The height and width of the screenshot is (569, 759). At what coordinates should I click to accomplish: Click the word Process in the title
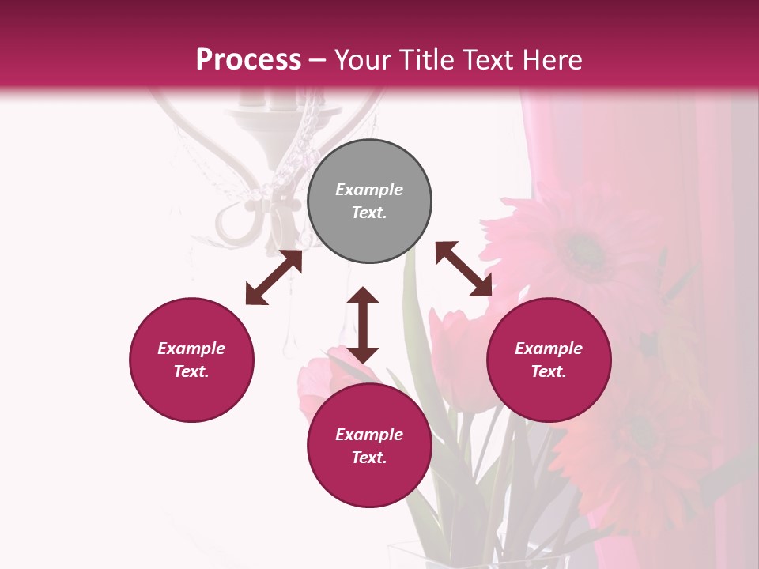(248, 59)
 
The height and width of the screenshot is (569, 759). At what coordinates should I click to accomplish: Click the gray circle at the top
(369, 202)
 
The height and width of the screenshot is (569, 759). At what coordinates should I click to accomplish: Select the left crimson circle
(191, 360)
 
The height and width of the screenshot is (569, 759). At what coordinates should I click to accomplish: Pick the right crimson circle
(549, 360)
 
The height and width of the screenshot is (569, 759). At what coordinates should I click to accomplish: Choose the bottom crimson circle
(369, 446)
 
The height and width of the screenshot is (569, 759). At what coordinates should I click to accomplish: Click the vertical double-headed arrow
(363, 325)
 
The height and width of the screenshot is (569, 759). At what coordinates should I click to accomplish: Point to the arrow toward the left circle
(274, 277)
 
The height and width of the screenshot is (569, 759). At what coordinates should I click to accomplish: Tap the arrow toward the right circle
(464, 269)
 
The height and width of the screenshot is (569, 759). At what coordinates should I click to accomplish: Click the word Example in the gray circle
(369, 190)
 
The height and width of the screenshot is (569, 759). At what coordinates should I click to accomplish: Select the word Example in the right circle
(549, 349)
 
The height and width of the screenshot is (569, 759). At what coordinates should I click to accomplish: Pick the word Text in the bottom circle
(368, 458)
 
